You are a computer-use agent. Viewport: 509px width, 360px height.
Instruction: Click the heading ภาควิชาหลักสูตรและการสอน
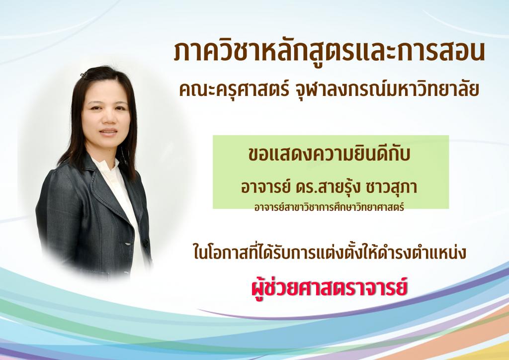click(x=329, y=51)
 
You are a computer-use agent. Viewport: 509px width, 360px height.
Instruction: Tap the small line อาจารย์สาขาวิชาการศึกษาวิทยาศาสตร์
click(x=329, y=207)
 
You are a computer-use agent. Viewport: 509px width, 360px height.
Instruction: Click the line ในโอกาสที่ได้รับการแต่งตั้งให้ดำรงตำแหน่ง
click(x=330, y=253)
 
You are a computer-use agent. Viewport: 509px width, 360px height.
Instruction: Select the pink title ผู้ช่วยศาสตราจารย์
click(x=329, y=287)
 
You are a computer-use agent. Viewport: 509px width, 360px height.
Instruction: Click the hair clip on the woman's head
click(x=84, y=75)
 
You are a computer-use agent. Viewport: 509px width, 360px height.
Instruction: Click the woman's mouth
click(x=108, y=131)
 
